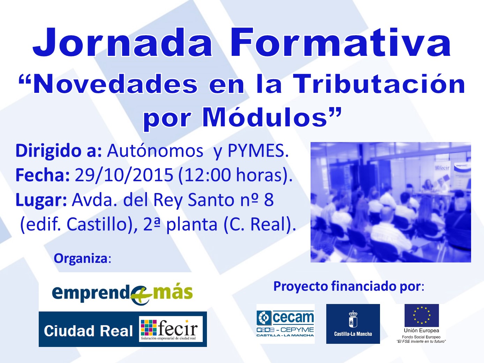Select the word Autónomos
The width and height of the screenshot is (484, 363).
[x=155, y=151]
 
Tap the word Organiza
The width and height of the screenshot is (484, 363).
[x=81, y=258]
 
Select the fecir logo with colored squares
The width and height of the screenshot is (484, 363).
[x=171, y=329]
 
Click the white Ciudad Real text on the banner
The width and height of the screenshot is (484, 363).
[x=88, y=331]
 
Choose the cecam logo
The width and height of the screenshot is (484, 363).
[x=285, y=324]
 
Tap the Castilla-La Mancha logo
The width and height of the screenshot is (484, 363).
[x=353, y=324]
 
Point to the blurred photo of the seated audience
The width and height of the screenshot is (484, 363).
[x=391, y=202]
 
